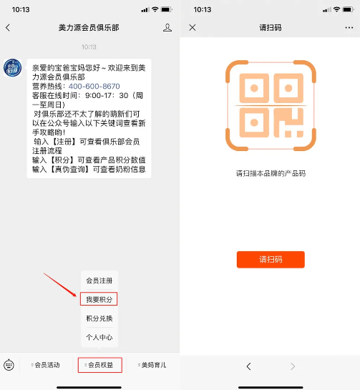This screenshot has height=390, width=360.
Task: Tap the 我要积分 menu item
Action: (99, 299)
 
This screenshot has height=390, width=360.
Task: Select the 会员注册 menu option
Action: (99, 281)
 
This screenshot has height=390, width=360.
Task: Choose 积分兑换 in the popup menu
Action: (99, 318)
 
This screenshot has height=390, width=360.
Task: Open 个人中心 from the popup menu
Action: (99, 337)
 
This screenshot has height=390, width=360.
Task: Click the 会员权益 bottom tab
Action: (100, 365)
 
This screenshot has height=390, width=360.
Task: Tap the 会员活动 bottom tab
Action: (46, 365)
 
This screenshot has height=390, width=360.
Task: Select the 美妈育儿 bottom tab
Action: (152, 365)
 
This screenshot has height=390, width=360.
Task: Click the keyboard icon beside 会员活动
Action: (9, 365)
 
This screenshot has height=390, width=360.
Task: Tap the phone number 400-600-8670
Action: (94, 86)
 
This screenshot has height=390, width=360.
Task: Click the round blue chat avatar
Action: (12, 68)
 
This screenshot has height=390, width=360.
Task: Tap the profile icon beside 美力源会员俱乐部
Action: (167, 27)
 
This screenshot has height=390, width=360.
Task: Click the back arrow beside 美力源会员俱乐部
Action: (8, 27)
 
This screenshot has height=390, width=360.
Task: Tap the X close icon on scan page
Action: (193, 27)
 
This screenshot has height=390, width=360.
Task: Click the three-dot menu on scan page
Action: (349, 28)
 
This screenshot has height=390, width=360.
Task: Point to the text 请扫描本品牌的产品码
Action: (271, 173)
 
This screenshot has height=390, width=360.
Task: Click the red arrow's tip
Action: (77, 296)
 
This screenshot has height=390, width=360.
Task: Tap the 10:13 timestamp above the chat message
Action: (89, 47)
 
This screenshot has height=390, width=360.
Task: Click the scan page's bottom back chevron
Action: (248, 366)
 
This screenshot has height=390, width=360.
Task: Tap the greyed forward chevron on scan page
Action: (293, 366)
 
